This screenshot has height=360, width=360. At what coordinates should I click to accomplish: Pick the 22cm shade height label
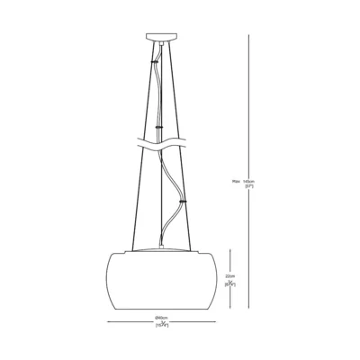point(231,276)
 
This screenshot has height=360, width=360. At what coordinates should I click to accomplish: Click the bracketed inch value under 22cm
point(231,283)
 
